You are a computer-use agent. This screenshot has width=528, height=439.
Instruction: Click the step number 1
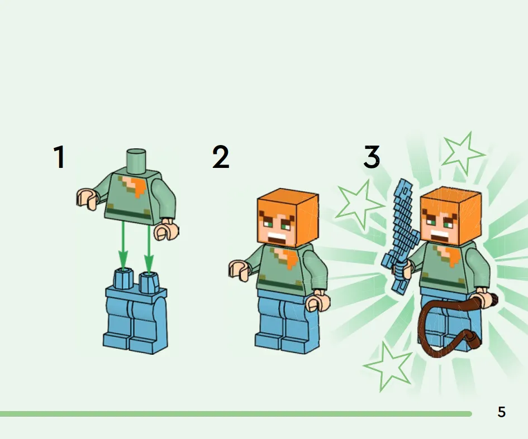click(60, 157)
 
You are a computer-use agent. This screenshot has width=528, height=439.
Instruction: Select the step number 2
click(221, 157)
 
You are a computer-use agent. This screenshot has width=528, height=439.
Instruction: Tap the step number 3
click(372, 157)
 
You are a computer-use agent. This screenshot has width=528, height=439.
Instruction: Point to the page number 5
click(502, 412)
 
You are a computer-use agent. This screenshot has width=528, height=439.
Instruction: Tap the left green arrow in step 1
click(123, 245)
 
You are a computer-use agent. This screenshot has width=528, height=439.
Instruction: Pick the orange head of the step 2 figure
click(288, 218)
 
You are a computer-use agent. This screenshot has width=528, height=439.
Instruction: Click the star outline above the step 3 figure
click(463, 153)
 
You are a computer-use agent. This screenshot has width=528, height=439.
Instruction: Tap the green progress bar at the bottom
click(236, 414)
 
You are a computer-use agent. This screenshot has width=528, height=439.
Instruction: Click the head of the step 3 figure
click(450, 216)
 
